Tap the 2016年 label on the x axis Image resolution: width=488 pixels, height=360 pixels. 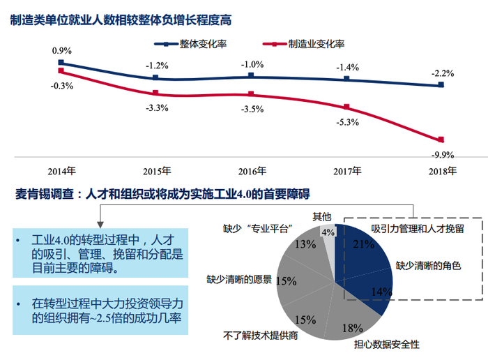(252, 171)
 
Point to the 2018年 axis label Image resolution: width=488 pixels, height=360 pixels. (442, 171)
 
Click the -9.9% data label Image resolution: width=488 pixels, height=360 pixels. (442, 155)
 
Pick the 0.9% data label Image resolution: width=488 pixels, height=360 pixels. (61, 51)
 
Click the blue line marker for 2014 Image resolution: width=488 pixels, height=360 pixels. (61, 63)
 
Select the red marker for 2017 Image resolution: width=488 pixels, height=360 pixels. (346, 107)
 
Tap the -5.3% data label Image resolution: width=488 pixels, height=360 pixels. (346, 122)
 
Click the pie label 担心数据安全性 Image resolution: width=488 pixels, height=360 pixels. (386, 345)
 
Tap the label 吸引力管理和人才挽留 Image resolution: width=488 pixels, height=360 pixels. (417, 228)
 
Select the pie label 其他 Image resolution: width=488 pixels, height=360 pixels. (321, 217)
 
